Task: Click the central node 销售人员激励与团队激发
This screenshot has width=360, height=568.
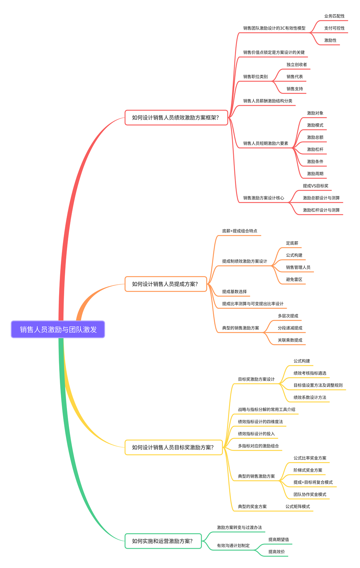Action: pos(58,329)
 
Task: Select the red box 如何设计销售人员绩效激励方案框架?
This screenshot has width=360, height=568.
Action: pos(176,118)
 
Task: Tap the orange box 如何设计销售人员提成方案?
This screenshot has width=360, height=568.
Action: pos(166,284)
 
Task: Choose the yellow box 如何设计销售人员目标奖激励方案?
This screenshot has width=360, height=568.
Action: pos(173,447)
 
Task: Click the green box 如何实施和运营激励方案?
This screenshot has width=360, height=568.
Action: pos(163,541)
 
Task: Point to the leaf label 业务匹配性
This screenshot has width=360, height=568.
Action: pos(334,16)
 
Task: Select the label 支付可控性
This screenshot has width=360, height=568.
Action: pos(334,28)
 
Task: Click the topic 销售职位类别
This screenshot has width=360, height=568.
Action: pos(255,77)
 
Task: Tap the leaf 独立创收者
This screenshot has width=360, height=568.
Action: pos(297,65)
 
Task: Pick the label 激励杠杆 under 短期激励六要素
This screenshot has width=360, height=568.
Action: pos(315,149)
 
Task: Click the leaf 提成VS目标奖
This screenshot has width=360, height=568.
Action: pos(315,186)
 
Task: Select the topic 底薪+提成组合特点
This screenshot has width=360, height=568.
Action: pos(240,231)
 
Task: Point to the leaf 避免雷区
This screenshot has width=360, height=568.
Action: pos(294,280)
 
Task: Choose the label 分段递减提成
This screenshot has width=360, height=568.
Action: pos(290,328)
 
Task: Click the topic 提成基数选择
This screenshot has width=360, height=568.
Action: pos(234,292)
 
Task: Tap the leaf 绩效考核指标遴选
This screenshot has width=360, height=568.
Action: pos(310,373)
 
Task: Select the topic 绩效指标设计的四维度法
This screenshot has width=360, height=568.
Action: pos(260,422)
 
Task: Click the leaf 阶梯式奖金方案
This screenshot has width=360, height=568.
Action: pos(308,470)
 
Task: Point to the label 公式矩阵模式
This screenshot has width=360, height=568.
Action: pos(297,507)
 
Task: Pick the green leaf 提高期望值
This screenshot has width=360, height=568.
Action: pos(278,540)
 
